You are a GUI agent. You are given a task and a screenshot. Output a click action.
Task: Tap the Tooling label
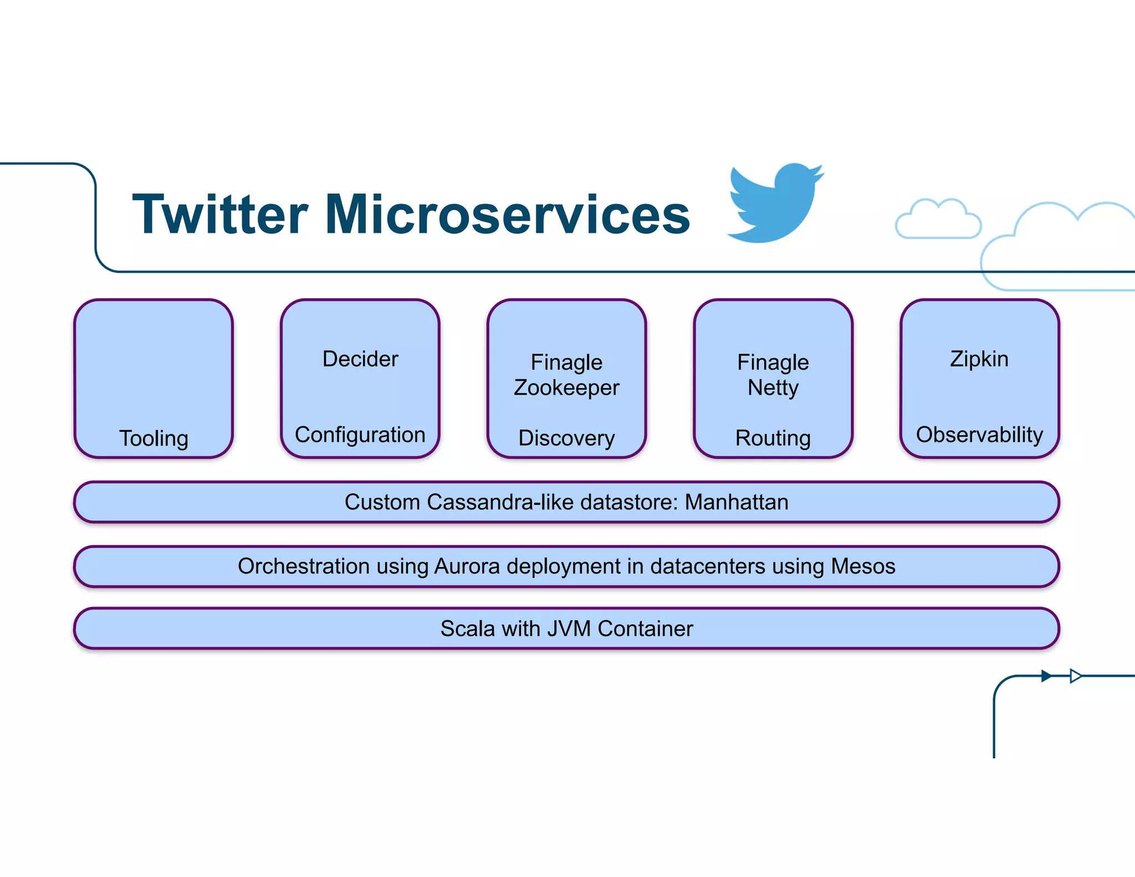pos(154,438)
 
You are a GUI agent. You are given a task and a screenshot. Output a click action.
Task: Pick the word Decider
pos(360,359)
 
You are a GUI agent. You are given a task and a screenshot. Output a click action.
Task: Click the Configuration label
pos(360,435)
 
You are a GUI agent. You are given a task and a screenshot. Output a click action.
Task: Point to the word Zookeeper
pos(566,387)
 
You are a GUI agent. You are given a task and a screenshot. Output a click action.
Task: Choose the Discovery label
pos(566,438)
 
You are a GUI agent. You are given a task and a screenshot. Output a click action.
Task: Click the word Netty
pos(773,387)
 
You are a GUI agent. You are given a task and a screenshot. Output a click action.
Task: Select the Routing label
pos(773,438)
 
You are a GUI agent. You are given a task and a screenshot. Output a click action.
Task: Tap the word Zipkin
pos(979,359)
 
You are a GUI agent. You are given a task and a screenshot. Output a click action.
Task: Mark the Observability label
pos(979,435)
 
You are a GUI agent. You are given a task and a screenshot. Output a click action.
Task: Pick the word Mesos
pos(863,567)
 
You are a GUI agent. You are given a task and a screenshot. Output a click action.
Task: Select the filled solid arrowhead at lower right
pos(1046,676)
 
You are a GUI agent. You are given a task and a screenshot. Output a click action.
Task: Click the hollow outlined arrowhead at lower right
pos(1075,676)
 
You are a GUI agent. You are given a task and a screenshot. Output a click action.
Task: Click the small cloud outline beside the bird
pos(938,220)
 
